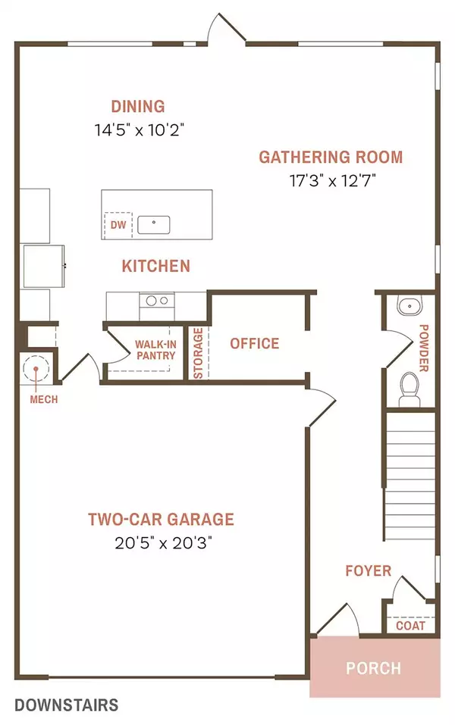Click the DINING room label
(x=137, y=106)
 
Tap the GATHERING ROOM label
(x=330, y=158)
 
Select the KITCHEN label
(x=155, y=266)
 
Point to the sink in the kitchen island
(x=153, y=224)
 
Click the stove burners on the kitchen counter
(x=157, y=302)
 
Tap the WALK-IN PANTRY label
(x=155, y=350)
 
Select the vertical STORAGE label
(x=198, y=353)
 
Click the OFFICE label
(x=254, y=343)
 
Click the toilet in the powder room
(x=409, y=384)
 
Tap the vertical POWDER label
(x=423, y=348)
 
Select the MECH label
(x=43, y=399)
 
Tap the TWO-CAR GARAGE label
(x=161, y=520)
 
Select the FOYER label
(x=368, y=570)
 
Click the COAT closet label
(x=410, y=627)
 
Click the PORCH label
(x=373, y=668)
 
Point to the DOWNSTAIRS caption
(x=66, y=705)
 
